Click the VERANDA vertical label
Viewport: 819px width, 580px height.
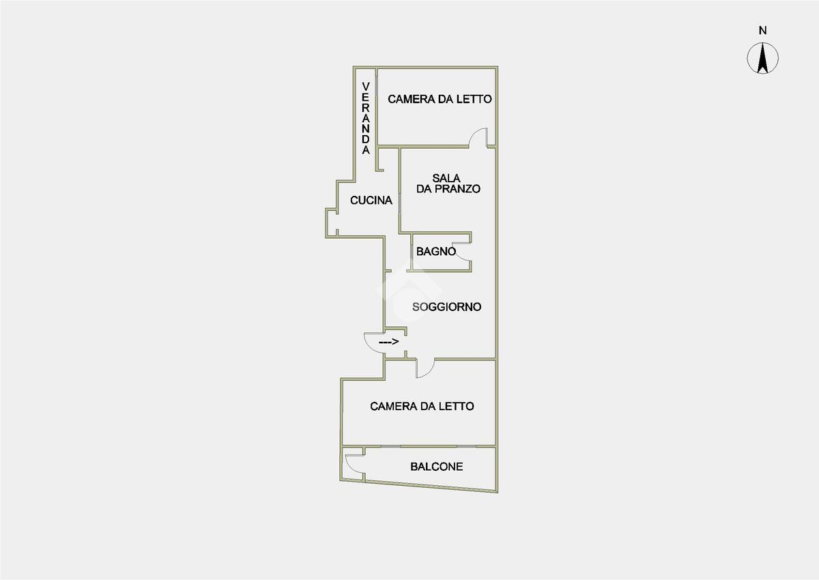[366, 117]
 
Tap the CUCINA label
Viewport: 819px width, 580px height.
[371, 201]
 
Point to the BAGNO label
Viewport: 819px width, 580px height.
[436, 251]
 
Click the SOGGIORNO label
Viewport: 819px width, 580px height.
[447, 307]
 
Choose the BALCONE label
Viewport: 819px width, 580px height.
[437, 467]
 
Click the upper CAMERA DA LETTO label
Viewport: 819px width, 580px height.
[440, 99]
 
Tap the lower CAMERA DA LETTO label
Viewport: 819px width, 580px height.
[422, 406]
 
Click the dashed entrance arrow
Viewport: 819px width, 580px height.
[388, 341]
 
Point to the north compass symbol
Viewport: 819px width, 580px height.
[763, 58]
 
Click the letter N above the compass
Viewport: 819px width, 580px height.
[763, 30]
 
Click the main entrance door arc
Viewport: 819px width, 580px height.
[373, 341]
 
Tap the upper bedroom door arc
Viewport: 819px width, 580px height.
[477, 136]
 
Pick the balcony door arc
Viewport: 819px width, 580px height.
[354, 463]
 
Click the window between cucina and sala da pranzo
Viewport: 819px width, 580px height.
[399, 203]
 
